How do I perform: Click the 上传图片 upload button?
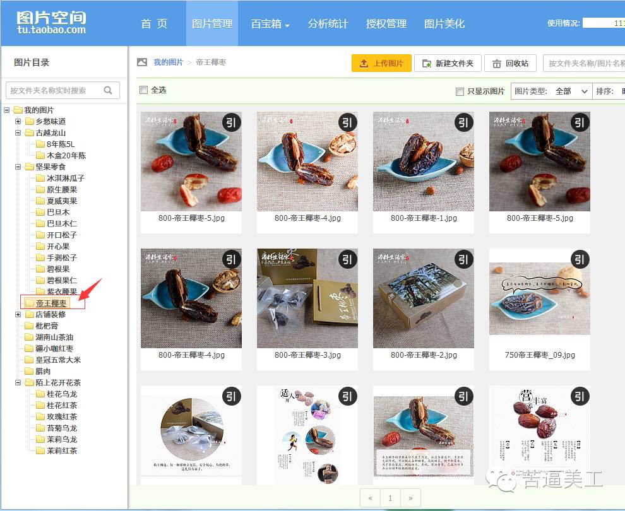point(381,63)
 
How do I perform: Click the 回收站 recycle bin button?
point(510,63)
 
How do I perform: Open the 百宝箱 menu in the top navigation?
point(270,24)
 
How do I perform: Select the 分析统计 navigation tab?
point(328,24)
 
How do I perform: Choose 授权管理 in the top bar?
point(386,24)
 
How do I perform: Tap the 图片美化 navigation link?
point(444,24)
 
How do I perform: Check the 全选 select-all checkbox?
point(143,90)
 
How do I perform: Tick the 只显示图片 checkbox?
point(460,91)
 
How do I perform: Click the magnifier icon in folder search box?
point(108,90)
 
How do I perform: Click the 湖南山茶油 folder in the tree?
point(54,338)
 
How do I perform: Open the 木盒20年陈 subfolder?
point(66,156)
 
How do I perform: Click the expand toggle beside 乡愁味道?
point(18,122)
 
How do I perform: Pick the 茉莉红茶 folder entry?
point(62,451)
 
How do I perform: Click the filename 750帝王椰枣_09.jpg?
point(540,355)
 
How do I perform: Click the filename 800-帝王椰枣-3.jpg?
point(307,355)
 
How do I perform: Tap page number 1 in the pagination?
point(390,498)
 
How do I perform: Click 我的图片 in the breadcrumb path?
point(168,62)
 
